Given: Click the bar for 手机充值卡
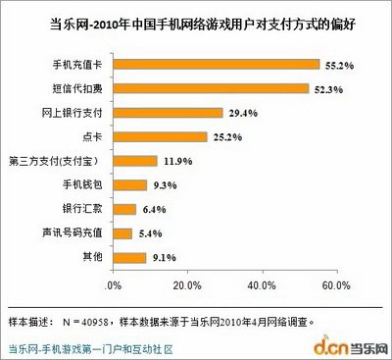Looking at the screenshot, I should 216,66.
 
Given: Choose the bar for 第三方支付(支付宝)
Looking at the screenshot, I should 134,160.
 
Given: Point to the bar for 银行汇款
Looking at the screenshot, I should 124,208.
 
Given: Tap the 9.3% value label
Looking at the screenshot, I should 165,184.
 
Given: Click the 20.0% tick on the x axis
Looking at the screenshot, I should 187,285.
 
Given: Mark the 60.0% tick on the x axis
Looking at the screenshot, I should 334,285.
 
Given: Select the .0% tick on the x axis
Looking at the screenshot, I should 113,285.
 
